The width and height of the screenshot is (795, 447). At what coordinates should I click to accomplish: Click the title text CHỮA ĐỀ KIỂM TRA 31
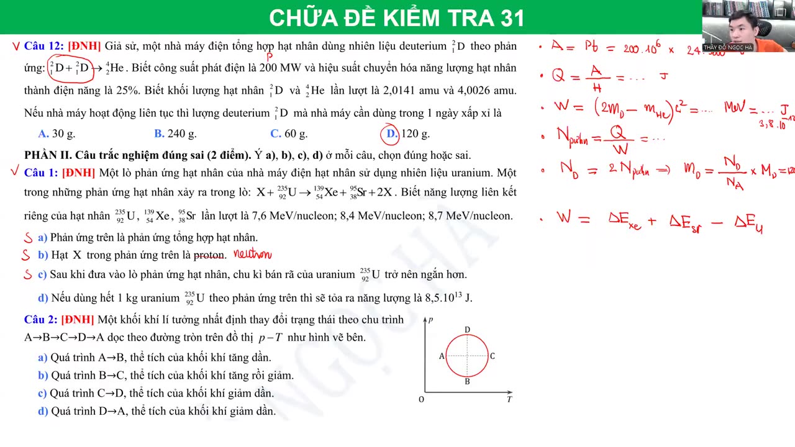pos(397,18)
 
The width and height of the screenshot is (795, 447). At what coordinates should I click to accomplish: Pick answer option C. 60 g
pos(289,133)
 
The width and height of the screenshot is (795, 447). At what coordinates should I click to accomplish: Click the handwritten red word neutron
pos(252,254)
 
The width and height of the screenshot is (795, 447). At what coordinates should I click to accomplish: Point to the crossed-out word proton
pos(210,255)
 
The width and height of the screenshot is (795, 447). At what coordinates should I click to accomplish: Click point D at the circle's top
pos(467,330)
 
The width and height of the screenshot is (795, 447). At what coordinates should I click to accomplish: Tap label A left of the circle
pos(442,356)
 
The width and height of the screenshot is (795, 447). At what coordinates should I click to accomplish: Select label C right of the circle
pos(493,356)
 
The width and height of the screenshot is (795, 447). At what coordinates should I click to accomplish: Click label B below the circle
pos(467,382)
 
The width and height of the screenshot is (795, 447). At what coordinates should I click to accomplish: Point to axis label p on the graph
pos(430,319)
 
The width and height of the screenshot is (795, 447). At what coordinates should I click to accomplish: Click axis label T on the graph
pos(509,399)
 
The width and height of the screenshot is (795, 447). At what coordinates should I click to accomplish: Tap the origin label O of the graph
pos(421,399)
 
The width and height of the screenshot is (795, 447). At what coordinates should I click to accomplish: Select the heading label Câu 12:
pos(43,46)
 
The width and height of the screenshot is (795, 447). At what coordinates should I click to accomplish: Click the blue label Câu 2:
pos(41,319)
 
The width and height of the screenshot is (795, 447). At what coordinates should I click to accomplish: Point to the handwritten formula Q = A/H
pos(578,76)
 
